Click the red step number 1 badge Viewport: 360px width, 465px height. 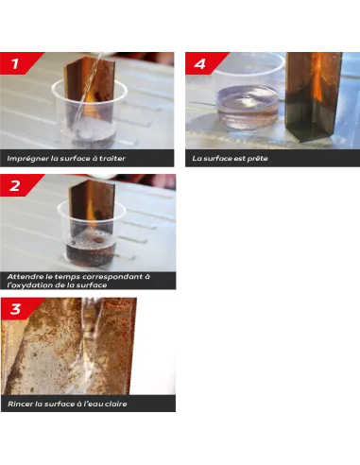tap(17, 63)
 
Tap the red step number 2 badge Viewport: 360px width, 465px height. tap(17, 185)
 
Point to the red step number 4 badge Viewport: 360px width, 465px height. tap(199, 63)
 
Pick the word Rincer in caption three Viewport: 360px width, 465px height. tap(20, 404)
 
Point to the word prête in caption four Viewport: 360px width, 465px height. tap(254, 158)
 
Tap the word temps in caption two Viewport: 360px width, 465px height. tap(63, 276)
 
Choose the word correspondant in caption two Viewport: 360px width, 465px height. tap(111, 276)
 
